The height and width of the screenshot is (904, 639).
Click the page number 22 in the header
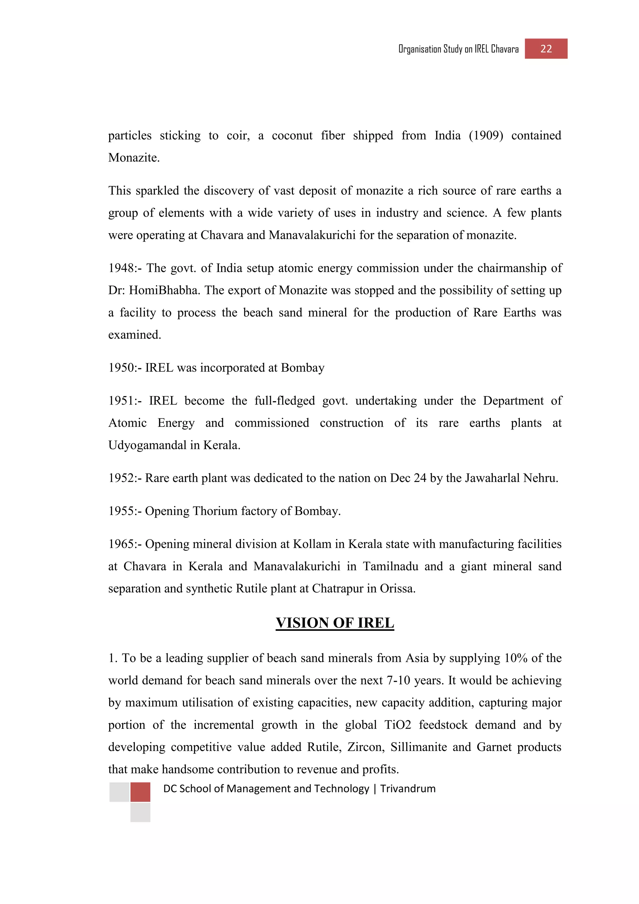click(546, 49)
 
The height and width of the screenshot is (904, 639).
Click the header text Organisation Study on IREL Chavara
click(458, 49)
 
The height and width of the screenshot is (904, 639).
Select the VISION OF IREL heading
click(334, 623)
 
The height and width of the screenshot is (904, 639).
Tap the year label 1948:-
click(125, 268)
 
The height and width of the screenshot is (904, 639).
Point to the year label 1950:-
click(125, 368)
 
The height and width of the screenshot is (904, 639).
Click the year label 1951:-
click(125, 401)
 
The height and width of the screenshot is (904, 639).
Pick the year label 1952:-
click(125, 478)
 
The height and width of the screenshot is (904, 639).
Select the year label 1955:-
click(125, 511)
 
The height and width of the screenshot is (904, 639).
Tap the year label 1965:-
click(125, 544)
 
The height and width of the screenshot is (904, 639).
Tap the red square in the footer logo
click(140, 792)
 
